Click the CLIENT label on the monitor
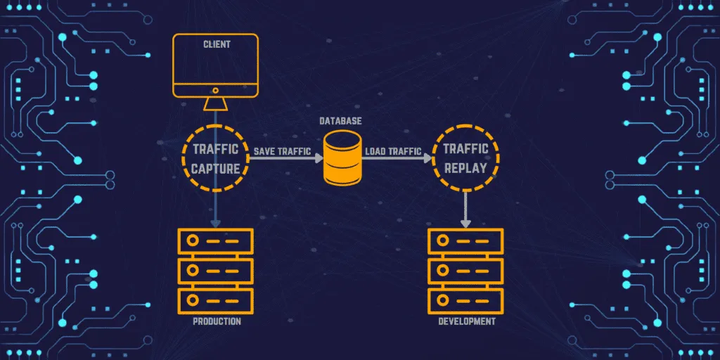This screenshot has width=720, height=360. (x=216, y=44)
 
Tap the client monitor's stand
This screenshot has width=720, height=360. (x=216, y=104)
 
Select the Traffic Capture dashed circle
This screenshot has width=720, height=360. (x=216, y=158)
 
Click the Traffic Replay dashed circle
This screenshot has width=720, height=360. (x=465, y=158)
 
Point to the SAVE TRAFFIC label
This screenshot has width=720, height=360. (x=281, y=150)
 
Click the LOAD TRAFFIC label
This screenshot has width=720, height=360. (x=393, y=150)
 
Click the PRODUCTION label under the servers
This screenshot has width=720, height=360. (x=216, y=321)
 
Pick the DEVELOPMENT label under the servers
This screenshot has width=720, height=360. (x=466, y=321)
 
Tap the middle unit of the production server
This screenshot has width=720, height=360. (x=216, y=270)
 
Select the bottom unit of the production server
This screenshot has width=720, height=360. (x=216, y=298)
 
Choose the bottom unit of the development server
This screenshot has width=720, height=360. (x=465, y=298)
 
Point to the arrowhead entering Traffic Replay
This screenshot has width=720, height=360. (x=427, y=159)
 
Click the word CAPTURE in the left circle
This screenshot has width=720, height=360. (x=217, y=169)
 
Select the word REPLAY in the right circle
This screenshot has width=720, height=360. (x=465, y=169)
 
